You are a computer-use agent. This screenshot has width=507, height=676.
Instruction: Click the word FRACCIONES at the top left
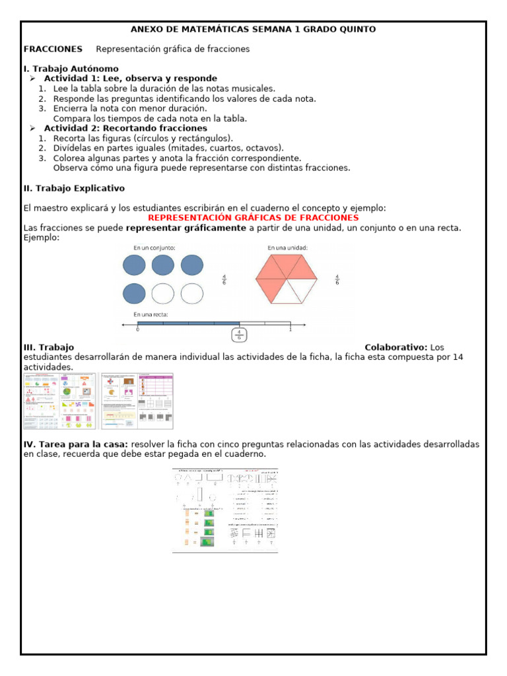[53, 49]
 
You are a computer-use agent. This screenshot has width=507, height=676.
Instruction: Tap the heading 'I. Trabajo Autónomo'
[71, 69]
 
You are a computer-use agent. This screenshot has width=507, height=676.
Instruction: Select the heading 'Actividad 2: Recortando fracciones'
[125, 128]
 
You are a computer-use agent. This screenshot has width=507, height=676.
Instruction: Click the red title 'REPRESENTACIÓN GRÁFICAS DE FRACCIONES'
[253, 218]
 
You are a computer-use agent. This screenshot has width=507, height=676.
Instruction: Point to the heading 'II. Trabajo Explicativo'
[74, 188]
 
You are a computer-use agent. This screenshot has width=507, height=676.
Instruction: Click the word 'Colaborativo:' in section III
[396, 347]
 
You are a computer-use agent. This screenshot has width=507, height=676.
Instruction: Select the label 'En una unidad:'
[288, 248]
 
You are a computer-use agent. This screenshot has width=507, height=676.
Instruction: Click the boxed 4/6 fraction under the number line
[240, 335]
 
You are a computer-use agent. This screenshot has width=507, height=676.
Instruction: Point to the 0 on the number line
[137, 329]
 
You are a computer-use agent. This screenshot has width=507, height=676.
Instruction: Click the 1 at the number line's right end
[290, 329]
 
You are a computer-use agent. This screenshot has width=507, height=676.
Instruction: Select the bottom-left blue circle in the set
[135, 293]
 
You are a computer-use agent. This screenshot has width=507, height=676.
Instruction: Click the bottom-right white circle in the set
[192, 293]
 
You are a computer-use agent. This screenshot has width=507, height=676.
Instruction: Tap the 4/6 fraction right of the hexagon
[337, 279]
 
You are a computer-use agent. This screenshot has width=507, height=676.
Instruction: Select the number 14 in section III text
[457, 357]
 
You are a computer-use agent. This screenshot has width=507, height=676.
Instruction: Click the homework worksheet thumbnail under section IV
[225, 510]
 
